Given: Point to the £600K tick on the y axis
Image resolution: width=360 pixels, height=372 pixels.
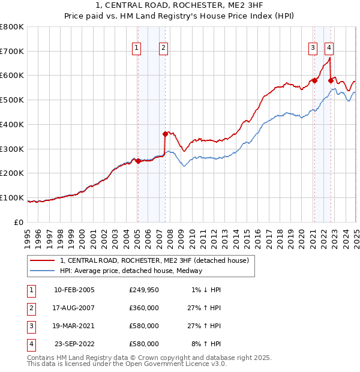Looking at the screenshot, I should tap(12, 76).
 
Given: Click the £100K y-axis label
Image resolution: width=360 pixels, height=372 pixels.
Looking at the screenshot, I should tap(12, 197).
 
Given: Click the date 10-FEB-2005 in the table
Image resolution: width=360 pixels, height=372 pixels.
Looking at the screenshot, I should tap(74, 290).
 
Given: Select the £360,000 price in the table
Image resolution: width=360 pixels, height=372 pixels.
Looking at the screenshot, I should tap(144, 308).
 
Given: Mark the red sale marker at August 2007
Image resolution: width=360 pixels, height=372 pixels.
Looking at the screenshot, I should tap(165, 134).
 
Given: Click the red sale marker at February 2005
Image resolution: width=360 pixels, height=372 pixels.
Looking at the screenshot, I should tap(138, 161).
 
